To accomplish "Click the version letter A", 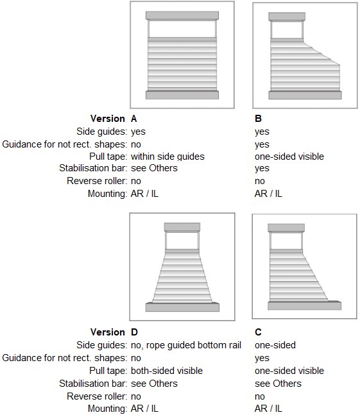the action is [133, 119].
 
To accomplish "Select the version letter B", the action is [258, 119].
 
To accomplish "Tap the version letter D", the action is [134, 332].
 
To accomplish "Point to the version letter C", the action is [258, 332].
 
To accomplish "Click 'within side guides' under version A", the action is [167, 157].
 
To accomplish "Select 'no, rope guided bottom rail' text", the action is [186, 345].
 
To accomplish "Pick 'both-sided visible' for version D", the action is [167, 371].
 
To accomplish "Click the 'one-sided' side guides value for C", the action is [275, 345].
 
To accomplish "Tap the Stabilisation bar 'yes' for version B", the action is [262, 169].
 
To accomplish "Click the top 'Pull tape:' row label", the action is [108, 157].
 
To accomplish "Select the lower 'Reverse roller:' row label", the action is [97, 396].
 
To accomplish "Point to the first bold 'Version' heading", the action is [107, 119].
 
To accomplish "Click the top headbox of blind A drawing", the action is [182, 15].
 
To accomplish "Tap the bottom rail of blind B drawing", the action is [305, 96].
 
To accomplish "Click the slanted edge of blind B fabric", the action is [321, 53].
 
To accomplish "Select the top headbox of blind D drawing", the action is [182, 227].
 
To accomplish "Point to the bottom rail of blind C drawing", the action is [304, 305].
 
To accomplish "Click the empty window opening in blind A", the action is [182, 29].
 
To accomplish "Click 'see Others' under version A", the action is [154, 168].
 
